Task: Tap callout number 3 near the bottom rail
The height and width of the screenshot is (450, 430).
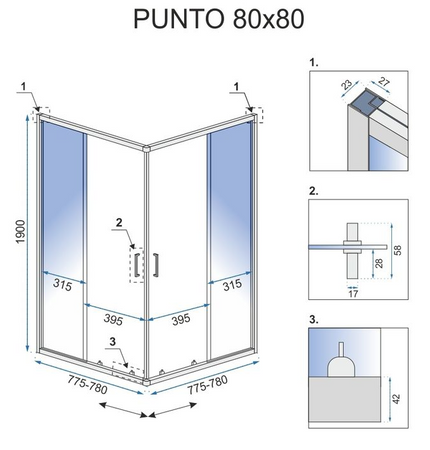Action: pyautogui.click(x=114, y=343)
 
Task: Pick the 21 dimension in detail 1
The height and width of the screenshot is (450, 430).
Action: pyautogui.click(x=387, y=85)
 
